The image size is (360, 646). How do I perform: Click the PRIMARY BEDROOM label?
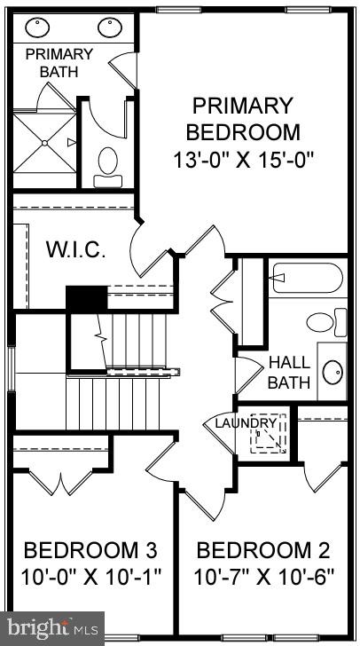click(242, 120)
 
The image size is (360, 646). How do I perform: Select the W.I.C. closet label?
click(75, 249)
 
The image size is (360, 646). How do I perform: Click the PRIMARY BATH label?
click(51, 62)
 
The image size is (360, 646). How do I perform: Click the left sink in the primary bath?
click(37, 28)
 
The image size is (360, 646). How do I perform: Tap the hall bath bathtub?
click(307, 278)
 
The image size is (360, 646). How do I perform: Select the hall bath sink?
click(333, 371)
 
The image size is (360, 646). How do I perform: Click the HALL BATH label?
click(290, 373)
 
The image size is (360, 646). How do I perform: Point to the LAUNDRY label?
click(246, 423)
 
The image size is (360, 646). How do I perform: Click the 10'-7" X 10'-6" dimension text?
click(263, 577)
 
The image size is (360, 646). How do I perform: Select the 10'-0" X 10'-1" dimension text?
click(91, 577)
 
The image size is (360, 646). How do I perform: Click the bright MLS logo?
click(52, 627)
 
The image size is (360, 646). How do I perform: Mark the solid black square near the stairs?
click(86, 298)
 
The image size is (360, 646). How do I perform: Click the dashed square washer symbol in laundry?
click(267, 434)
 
